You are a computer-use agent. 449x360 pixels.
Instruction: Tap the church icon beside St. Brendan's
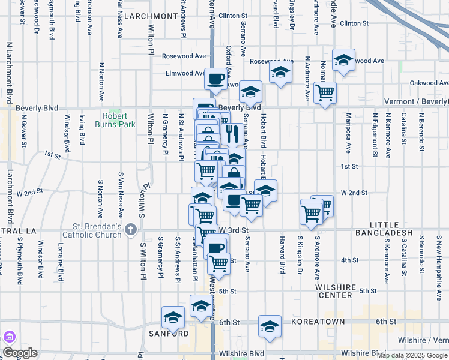tap(131, 230)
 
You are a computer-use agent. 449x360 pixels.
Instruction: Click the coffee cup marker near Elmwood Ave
tap(216, 78)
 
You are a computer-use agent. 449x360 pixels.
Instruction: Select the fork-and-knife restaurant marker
tap(232, 133)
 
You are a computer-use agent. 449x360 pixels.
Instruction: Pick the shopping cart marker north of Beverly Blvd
tap(325, 93)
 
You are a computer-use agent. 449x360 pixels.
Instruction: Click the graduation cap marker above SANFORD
tap(173, 317)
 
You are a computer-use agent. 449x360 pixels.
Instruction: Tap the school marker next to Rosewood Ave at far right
tap(343, 60)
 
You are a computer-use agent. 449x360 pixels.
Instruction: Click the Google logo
tap(20, 353)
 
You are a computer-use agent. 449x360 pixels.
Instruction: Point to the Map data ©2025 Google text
tap(412, 355)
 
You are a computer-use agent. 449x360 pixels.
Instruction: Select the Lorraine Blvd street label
tap(61, 262)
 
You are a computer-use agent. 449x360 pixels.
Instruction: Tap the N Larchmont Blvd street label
tap(9, 72)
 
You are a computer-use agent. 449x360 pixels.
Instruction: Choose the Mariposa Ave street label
tap(348, 133)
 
